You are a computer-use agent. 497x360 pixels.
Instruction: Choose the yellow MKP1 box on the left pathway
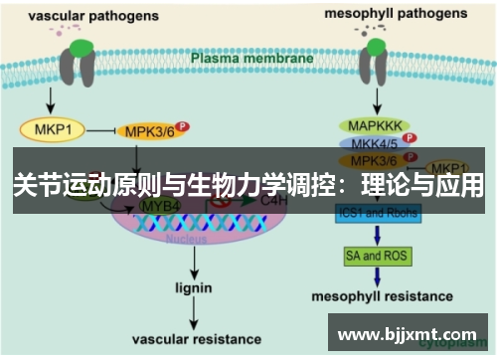click(51, 129)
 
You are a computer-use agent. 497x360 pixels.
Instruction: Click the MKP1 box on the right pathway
click(453, 166)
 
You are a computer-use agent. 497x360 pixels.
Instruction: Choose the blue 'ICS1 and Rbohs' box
click(378, 213)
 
